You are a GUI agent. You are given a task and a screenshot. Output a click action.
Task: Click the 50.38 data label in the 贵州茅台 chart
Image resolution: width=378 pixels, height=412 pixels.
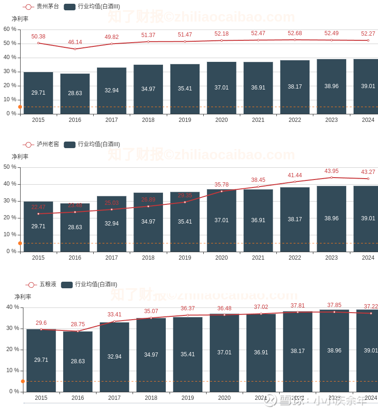[x=38, y=37]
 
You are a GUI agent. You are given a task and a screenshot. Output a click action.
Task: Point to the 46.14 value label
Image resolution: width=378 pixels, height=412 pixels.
[x=75, y=42]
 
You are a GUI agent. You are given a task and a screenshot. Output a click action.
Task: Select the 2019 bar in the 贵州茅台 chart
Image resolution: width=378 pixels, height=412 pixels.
[x=185, y=89]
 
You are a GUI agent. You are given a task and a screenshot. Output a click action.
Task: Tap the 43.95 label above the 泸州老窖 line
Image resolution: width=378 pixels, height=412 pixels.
[x=332, y=171]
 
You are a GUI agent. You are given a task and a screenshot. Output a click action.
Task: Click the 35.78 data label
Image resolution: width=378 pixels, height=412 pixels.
[x=222, y=185]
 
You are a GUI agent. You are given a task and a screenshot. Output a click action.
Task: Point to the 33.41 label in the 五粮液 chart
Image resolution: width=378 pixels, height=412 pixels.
[x=114, y=315]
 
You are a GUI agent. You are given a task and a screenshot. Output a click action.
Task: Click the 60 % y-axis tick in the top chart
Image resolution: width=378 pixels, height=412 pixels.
[x=10, y=29]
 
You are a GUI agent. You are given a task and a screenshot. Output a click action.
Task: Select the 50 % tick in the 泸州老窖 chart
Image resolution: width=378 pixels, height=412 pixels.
[x=10, y=167]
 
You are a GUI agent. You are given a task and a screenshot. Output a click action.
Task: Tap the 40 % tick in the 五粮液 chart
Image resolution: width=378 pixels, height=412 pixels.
[x=13, y=307]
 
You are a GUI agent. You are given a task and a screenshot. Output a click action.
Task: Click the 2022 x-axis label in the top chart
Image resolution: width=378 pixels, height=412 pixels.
[x=295, y=120]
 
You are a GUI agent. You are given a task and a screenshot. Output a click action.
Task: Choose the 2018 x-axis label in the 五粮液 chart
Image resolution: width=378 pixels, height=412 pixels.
[x=151, y=398]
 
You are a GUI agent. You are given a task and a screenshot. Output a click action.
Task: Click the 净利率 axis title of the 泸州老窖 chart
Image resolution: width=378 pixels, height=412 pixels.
[x=20, y=157]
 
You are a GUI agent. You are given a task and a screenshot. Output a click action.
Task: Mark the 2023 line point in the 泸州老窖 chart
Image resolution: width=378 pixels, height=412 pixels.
[x=332, y=178]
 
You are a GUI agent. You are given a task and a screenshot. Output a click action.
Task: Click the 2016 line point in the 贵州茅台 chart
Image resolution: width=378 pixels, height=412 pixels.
[x=75, y=49]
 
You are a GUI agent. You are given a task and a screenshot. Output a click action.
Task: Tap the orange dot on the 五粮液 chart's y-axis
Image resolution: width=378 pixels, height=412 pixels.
[x=22, y=381]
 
